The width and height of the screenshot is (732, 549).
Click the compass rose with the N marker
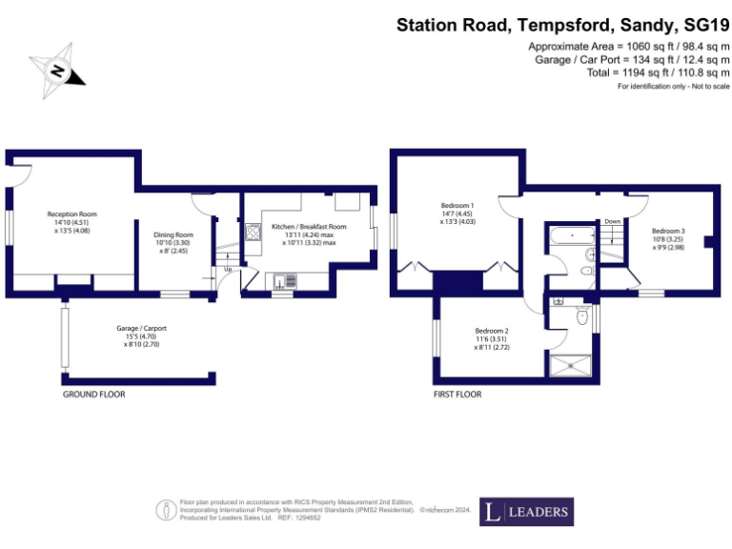[60, 70]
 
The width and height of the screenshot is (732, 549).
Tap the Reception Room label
[72, 214]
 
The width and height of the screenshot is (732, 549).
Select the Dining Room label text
[173, 234]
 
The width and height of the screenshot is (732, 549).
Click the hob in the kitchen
[254, 232]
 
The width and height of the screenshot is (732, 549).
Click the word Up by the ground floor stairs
[227, 269]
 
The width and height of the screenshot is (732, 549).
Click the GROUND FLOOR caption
[93, 394]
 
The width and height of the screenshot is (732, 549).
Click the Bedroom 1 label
[457, 206]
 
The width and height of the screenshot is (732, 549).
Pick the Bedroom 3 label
[668, 231]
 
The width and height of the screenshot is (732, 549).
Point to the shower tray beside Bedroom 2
[568, 363]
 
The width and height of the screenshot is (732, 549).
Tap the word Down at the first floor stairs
[612, 221]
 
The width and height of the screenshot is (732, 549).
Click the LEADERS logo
[525, 512]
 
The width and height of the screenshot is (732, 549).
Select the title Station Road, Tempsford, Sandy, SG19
[562, 25]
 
